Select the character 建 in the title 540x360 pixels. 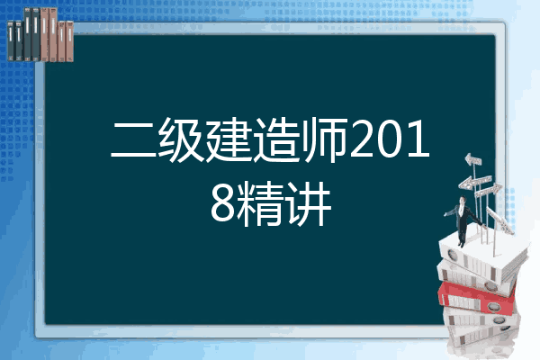click(x=229, y=139)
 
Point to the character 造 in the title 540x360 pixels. click(x=277, y=139)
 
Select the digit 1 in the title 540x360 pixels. click(x=419, y=139)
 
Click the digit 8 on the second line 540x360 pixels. click(x=223, y=204)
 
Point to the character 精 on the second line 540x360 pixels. click(x=261, y=204)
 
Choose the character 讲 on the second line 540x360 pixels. click(x=308, y=204)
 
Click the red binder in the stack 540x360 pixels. click(x=477, y=298)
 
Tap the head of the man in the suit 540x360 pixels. click(x=463, y=200)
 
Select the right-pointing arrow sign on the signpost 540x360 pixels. click(x=488, y=191)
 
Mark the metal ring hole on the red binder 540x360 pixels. click(x=493, y=307)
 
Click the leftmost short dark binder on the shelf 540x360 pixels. click(x=11, y=41)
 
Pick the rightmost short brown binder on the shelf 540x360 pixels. click(x=69, y=41)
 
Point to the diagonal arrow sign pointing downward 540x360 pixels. click(x=499, y=220)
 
